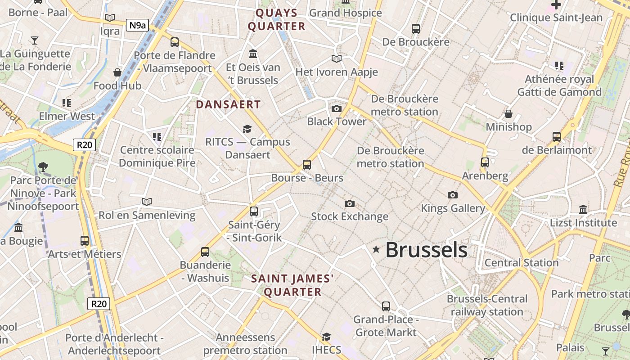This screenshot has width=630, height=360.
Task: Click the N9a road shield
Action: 137,25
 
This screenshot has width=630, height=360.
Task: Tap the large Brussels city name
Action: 426,250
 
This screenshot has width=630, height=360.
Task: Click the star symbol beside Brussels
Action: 376,249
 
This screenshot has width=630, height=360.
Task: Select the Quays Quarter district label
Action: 277,19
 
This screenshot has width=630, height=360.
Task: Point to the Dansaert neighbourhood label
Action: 228,104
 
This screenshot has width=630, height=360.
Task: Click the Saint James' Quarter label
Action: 292,285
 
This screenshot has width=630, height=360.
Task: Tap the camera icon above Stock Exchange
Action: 349,204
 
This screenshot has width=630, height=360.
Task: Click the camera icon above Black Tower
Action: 336,108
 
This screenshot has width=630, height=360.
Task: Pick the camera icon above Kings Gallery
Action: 453,195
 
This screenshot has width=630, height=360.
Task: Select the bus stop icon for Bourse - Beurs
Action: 307,165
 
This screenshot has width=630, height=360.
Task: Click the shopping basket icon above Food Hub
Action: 117,72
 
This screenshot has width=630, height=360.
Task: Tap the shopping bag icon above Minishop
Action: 508,114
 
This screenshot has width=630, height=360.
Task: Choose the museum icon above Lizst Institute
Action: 583,209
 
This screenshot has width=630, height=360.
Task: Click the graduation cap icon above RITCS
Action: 247,129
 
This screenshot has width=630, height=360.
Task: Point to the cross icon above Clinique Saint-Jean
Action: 556,5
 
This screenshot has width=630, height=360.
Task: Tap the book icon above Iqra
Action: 110,18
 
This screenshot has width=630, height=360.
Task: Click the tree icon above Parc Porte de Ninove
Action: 43,167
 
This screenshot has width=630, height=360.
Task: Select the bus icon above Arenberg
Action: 485,162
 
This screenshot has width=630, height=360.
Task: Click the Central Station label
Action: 522,263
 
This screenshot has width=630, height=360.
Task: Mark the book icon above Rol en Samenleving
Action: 147,202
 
